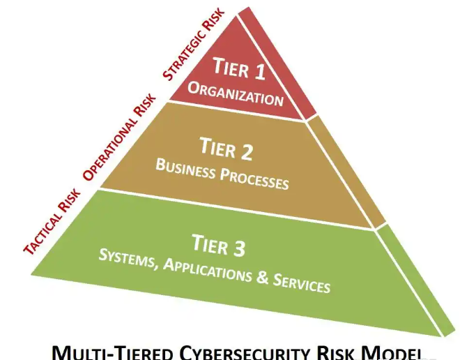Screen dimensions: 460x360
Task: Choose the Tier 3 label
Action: tap(217, 246)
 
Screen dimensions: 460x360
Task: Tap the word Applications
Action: tap(206, 269)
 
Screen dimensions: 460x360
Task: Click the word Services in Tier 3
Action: tap(300, 283)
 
